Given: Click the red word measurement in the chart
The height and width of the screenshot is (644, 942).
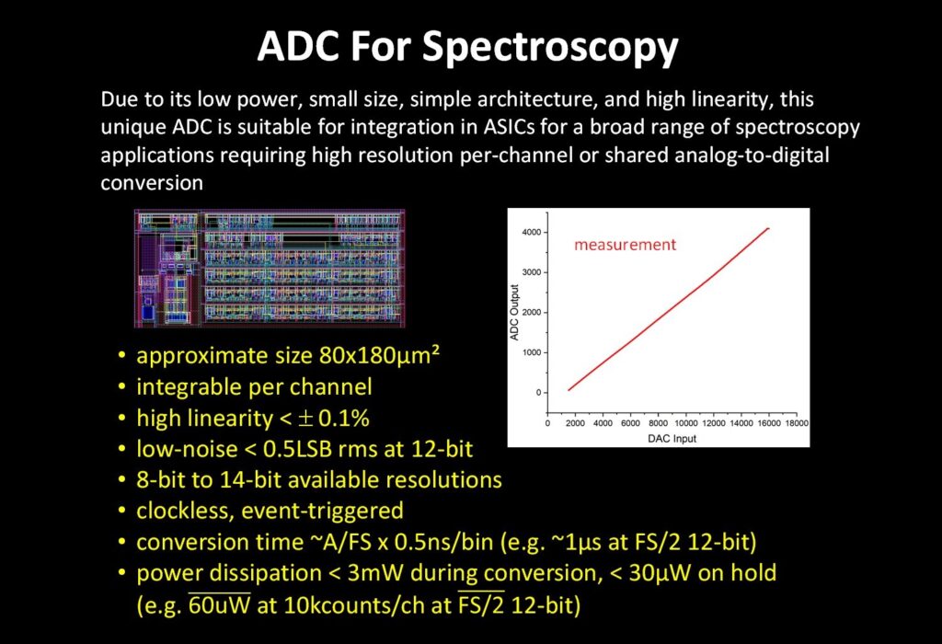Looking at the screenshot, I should [x=625, y=245].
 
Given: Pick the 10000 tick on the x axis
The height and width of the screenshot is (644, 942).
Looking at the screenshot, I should [x=687, y=424].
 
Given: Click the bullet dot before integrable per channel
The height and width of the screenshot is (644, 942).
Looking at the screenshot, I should [x=123, y=387].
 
